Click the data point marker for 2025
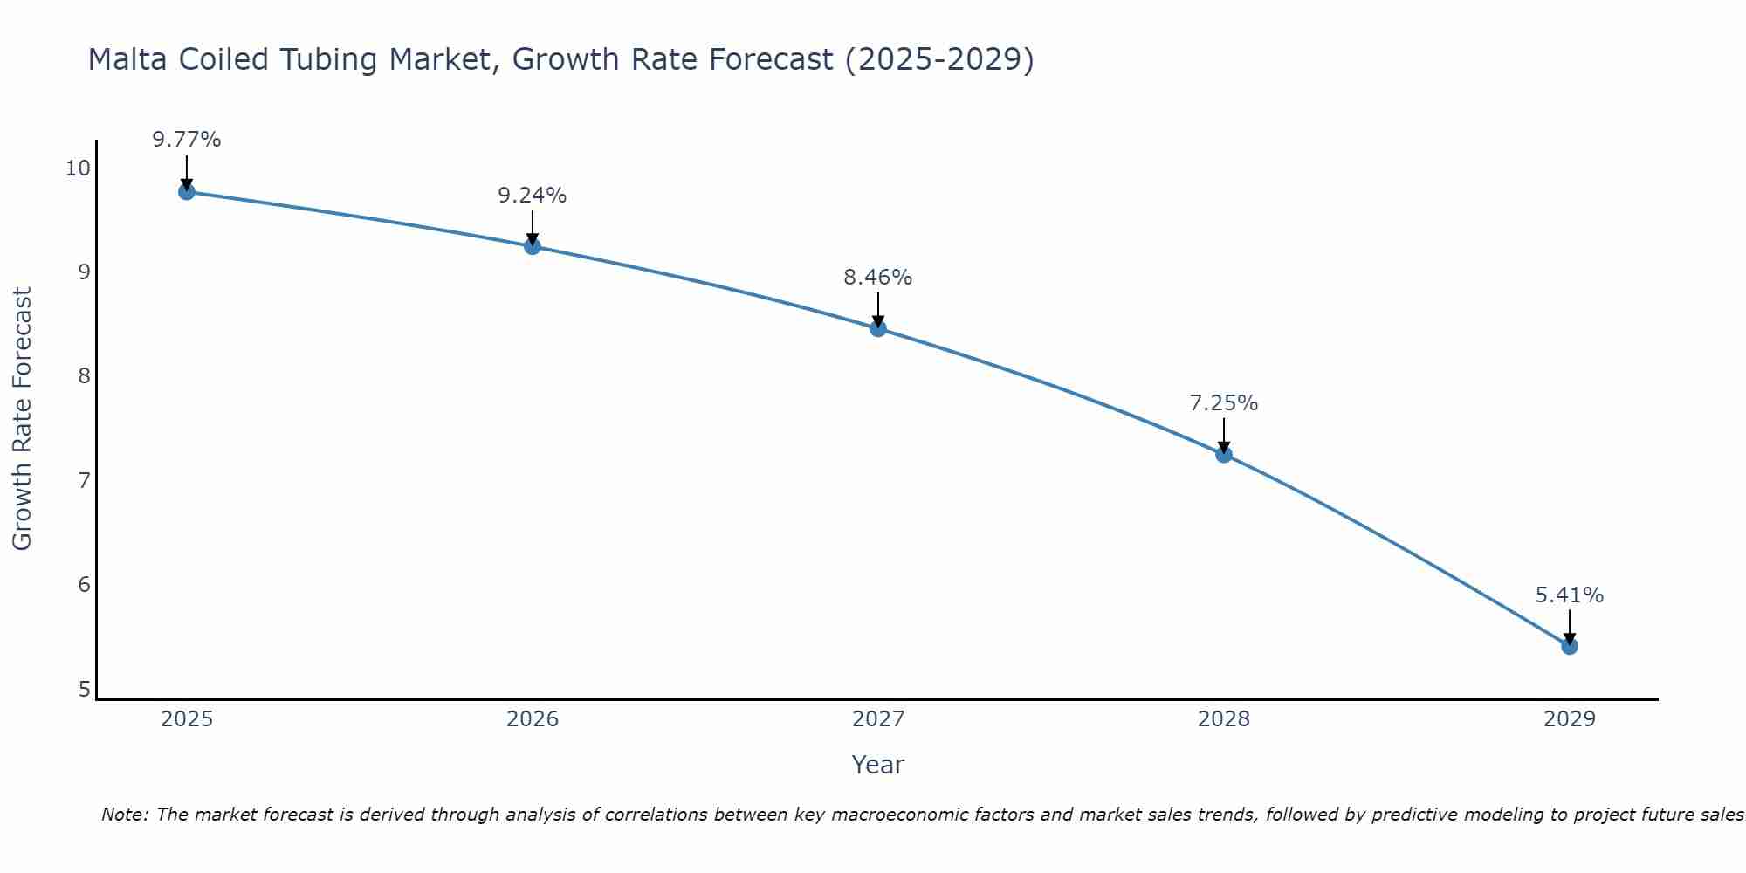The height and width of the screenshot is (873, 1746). [x=186, y=191]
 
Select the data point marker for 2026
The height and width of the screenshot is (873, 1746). [x=532, y=246]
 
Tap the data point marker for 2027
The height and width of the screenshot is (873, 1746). [x=877, y=328]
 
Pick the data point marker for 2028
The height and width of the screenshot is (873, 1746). [x=1223, y=454]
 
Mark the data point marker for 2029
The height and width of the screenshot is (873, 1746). [x=1569, y=646]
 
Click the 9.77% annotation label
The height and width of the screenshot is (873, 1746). [x=186, y=140]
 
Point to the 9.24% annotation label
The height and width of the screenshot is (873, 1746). [x=532, y=196]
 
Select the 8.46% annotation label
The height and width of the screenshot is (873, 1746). [x=877, y=278]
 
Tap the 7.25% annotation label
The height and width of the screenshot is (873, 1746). [x=1223, y=403]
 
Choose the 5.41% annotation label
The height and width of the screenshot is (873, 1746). [x=1569, y=595]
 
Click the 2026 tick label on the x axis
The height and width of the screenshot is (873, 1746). [x=532, y=719]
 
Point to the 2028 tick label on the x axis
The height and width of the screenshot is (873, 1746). [x=1223, y=719]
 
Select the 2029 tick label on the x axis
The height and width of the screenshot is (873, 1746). [x=1569, y=719]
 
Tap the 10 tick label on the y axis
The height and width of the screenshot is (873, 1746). [x=77, y=168]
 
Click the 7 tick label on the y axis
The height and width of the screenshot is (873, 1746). [x=84, y=481]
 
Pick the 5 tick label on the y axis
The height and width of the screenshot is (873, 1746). [x=84, y=690]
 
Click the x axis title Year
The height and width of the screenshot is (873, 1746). [x=877, y=765]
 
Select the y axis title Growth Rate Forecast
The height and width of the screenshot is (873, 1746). [x=22, y=419]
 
